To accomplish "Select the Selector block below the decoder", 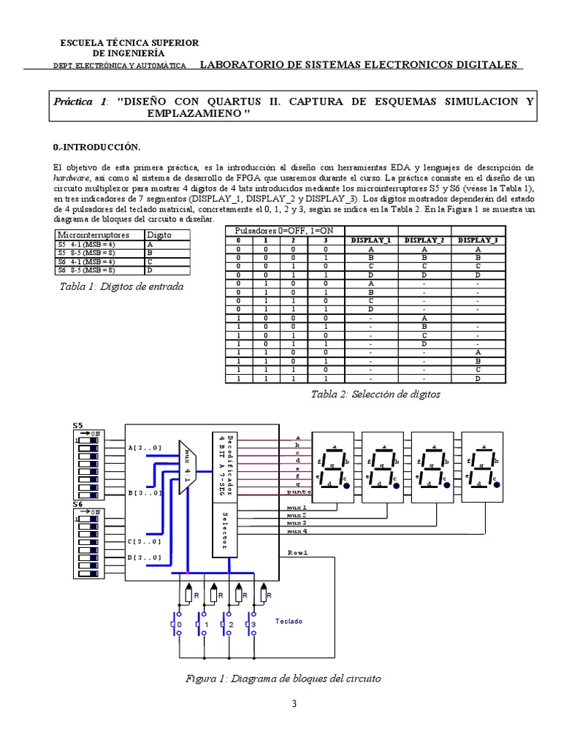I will point(224,529).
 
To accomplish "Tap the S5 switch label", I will point(78,425).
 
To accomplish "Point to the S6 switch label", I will point(78,505).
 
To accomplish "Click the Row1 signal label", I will point(297,552).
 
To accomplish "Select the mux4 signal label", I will point(297,531).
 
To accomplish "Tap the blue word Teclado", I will point(289,622).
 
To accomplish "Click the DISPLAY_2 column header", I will point(424,240).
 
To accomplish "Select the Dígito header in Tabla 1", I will point(159,235).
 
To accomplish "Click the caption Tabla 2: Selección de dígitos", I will point(375,394).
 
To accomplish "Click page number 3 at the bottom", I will point(294,705).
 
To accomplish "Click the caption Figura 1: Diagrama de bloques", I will point(283,679).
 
